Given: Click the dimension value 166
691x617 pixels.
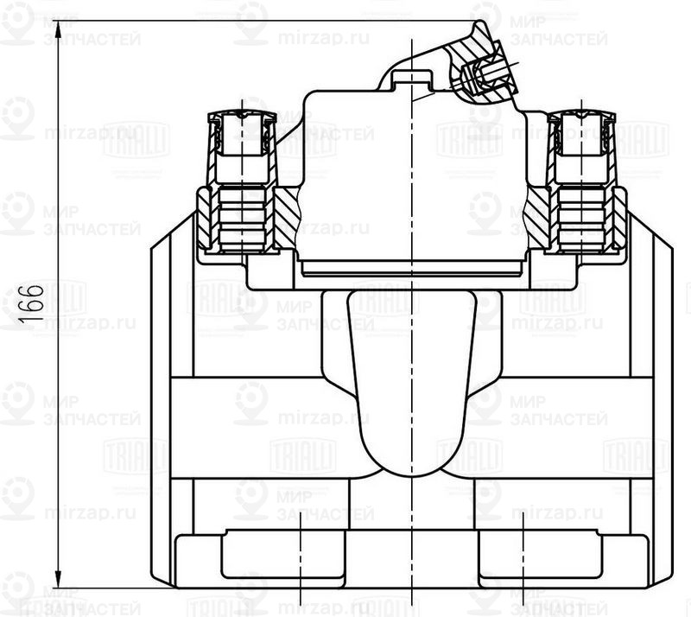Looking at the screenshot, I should [x=33, y=303].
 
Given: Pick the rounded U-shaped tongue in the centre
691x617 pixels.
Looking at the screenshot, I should [x=412, y=380].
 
